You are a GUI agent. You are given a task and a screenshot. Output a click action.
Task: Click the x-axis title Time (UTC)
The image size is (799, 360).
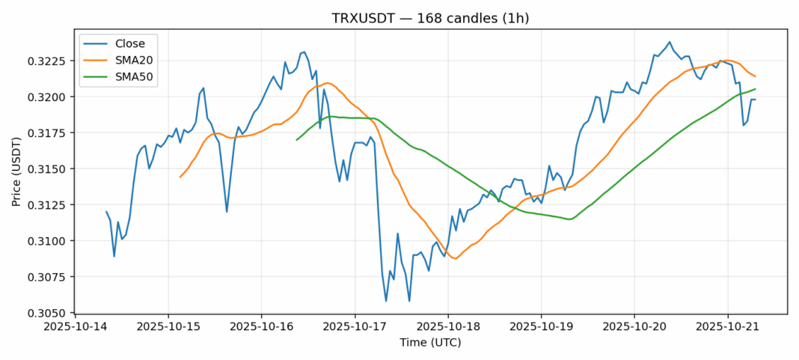430,343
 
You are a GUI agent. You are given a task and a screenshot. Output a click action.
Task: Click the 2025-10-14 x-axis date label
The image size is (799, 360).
74,326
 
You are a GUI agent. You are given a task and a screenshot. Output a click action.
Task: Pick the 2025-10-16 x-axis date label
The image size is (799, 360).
261,326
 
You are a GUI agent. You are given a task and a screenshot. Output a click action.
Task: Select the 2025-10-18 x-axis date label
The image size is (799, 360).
448,326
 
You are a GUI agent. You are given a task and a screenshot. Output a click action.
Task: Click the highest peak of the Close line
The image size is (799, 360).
670,42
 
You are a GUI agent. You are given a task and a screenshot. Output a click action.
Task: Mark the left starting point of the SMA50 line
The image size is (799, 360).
297,140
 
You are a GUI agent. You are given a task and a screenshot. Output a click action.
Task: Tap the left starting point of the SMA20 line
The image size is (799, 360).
180,177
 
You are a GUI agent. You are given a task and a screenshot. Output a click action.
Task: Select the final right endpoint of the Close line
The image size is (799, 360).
756,100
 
